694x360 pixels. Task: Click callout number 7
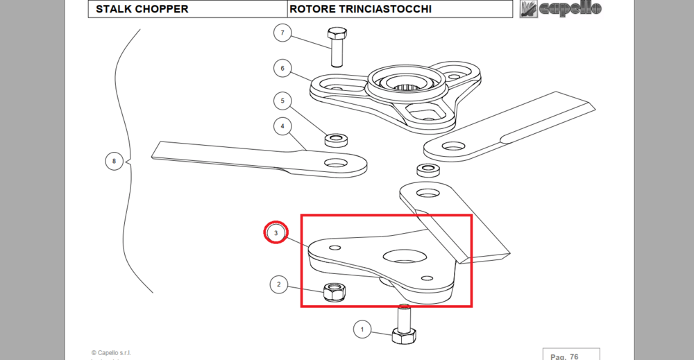tap(282, 33)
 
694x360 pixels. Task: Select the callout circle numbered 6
tap(282, 68)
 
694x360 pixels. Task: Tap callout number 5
tap(282, 101)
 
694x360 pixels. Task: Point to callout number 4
tap(282, 126)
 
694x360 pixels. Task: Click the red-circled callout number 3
tap(276, 233)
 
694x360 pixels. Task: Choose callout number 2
tap(278, 284)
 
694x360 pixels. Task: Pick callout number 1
tap(361, 329)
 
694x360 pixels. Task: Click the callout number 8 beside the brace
tap(114, 162)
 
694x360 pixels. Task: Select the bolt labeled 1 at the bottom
tap(403, 326)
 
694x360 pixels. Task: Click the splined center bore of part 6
tap(407, 87)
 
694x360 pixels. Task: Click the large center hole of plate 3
tap(403, 257)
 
